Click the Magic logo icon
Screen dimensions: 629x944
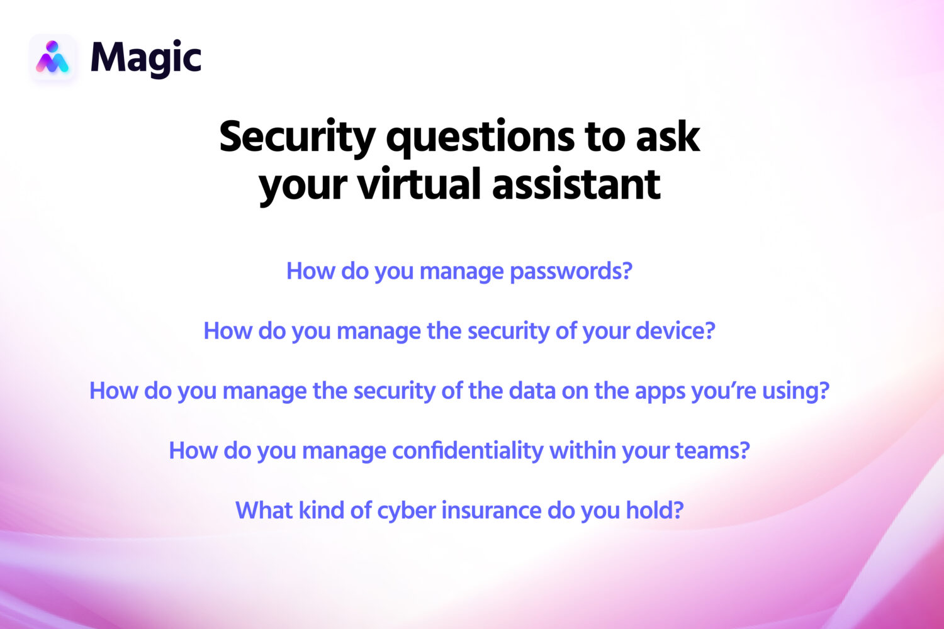point(53,57)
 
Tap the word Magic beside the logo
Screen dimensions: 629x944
point(146,58)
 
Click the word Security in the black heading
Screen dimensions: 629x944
point(297,137)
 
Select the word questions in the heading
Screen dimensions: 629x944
point(480,137)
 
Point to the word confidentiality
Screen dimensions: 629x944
point(468,450)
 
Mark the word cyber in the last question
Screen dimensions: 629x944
point(406,511)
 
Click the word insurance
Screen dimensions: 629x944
point(491,510)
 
